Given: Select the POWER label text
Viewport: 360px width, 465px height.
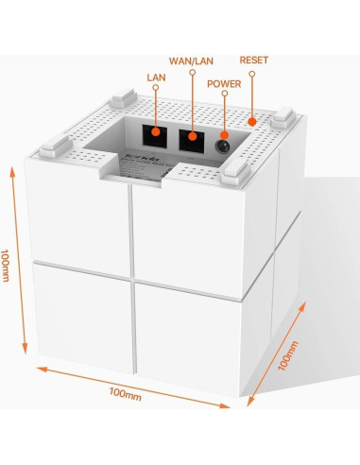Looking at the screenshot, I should coord(226,83).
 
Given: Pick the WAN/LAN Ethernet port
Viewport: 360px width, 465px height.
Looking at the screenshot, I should coord(193,139).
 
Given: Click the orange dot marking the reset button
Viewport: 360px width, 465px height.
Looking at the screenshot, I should coord(253,121).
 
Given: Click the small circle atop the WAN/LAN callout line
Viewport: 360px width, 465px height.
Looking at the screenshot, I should coord(192,74).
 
